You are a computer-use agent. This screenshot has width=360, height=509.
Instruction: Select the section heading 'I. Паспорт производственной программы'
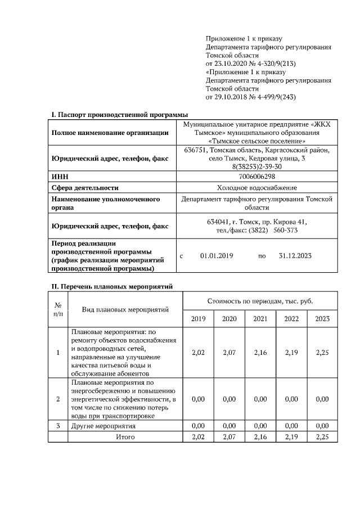coord(119,115)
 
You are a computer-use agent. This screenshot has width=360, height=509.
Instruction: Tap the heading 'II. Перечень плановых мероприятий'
coord(112,286)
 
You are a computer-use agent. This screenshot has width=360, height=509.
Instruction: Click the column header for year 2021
coord(260,319)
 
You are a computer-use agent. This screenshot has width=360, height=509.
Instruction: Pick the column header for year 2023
coord(322,319)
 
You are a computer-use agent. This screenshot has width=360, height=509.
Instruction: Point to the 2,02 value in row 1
coord(199,353)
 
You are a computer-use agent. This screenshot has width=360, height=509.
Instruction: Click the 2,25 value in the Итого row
coord(322,436)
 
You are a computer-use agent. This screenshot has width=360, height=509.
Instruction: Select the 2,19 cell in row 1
coord(291,353)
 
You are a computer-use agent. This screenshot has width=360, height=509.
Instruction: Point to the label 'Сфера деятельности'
coord(85,188)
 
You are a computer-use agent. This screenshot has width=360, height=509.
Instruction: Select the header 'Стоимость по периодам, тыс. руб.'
coord(260,301)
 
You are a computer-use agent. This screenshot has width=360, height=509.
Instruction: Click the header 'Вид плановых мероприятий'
coord(125,309)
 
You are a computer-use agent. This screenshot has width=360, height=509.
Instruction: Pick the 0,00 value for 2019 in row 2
coord(199,399)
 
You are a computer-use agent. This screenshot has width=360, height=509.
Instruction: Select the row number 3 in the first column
coord(58,426)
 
